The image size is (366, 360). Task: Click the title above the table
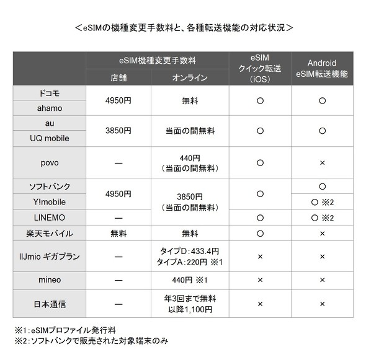coord(183,29)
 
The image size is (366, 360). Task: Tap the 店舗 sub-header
coord(118,77)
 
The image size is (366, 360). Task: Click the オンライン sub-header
coord(190,77)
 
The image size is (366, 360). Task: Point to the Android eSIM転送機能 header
coord(323,68)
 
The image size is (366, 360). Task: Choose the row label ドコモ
coord(50,93)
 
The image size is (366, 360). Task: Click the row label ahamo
coord(50,108)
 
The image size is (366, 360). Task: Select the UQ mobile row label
coord(50,138)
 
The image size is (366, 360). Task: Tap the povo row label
coord(50,162)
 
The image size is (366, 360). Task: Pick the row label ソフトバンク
coord(50,187)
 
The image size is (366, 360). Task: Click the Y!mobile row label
coord(50,201)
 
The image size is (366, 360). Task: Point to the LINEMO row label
coord(50,217)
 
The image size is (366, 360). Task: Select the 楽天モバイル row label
coord(50,234)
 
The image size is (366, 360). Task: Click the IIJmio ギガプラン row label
coord(50,255)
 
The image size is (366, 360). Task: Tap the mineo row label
coord(50,279)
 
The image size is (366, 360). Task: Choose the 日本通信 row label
coord(50,304)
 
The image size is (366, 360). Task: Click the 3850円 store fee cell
coord(118,131)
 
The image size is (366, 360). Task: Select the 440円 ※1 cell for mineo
coord(190,279)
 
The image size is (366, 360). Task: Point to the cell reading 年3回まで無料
coord(190,299)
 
